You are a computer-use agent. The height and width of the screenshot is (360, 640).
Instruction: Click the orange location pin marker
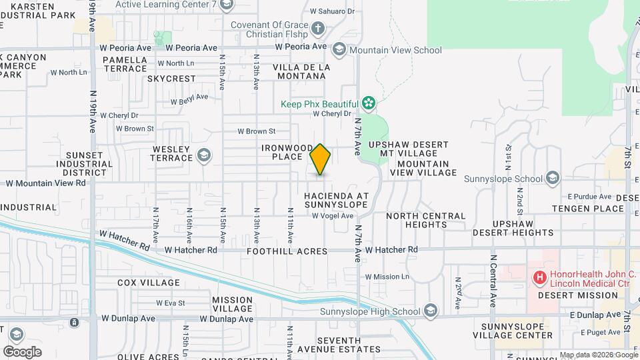(321, 159)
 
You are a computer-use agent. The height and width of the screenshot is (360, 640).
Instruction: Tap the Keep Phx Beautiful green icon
(367, 103)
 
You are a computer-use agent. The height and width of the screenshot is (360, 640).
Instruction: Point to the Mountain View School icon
(339, 50)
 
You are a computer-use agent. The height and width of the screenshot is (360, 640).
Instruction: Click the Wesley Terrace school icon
(204, 157)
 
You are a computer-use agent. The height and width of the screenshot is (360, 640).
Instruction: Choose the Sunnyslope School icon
(552, 178)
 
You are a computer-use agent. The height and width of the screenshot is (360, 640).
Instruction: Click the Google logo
(22, 351)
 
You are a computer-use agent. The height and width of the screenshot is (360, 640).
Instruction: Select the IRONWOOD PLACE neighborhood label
(287, 152)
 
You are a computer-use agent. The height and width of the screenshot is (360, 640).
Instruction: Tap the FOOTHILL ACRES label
(287, 251)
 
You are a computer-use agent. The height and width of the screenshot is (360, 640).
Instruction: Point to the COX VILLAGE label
(149, 283)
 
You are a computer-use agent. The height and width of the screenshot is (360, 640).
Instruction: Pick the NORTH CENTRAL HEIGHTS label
(426, 220)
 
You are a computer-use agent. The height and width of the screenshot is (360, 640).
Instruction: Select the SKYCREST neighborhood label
(171, 79)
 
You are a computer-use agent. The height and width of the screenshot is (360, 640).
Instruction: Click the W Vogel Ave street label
(333, 215)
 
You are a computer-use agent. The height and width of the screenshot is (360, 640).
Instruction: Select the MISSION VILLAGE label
(232, 304)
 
